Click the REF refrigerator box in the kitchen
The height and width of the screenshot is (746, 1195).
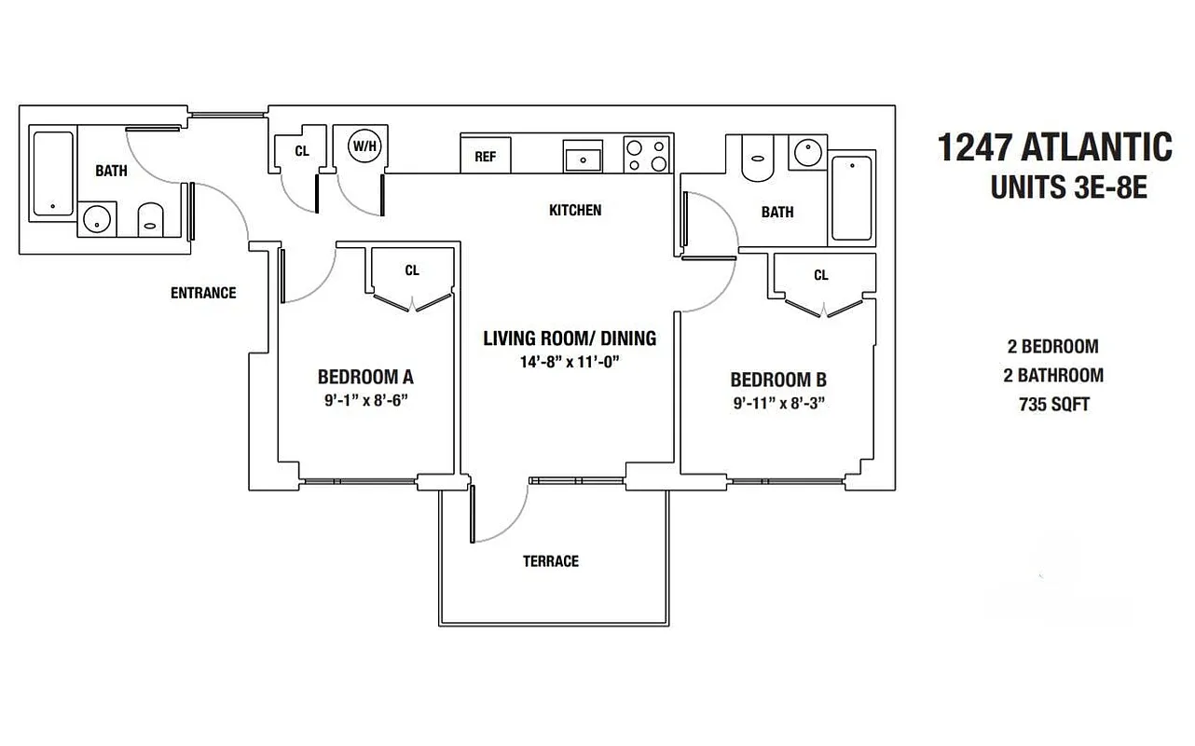pyautogui.click(x=486, y=156)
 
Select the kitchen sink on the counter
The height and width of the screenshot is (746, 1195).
pyautogui.click(x=584, y=156)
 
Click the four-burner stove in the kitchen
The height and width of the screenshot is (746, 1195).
pyautogui.click(x=646, y=155)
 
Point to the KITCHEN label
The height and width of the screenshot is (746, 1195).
pyautogui.click(x=575, y=210)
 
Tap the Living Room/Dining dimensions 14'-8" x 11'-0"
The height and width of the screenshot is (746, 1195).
pyautogui.click(x=570, y=361)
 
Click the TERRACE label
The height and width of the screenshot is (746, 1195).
pyautogui.click(x=550, y=560)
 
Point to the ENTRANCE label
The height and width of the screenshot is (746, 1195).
pyautogui.click(x=203, y=293)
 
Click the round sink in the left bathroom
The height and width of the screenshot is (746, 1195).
pyautogui.click(x=96, y=220)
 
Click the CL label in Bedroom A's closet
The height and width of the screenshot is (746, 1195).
pyautogui.click(x=412, y=270)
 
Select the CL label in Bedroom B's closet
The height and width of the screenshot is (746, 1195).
pyautogui.click(x=820, y=275)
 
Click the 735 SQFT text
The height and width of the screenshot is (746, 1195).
pyautogui.click(x=1052, y=405)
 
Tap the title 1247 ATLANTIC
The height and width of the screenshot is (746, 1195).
pyautogui.click(x=1054, y=147)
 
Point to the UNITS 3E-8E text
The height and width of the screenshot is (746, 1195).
pyautogui.click(x=1067, y=188)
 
